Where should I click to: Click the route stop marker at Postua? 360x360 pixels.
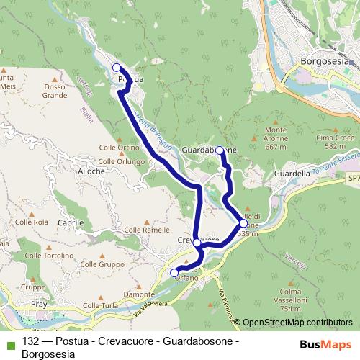pyautogui.click(x=116, y=68)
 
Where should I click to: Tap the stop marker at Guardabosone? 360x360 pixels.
pyautogui.click(x=220, y=151)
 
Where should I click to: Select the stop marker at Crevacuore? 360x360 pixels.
pyautogui.click(x=197, y=243)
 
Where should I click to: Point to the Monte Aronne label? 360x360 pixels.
pyautogui.click(x=271, y=143)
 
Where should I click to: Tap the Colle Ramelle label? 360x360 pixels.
pyautogui.click(x=147, y=230)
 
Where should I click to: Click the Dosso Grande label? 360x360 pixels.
pyautogui.click(x=55, y=91)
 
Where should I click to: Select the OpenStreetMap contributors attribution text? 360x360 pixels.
pyautogui.click(x=298, y=323)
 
